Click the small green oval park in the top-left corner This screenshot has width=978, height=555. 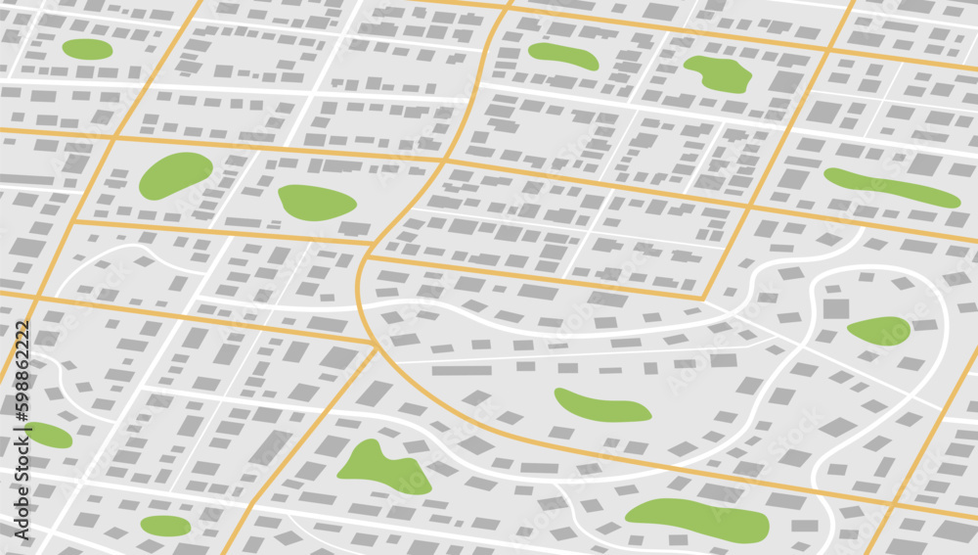pyautogui.click(x=87, y=49)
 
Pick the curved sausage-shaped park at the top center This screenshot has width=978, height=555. pyautogui.click(x=563, y=56)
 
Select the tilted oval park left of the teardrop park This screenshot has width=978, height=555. pyautogui.click(x=175, y=175)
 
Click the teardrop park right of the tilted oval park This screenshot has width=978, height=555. pyautogui.click(x=316, y=203)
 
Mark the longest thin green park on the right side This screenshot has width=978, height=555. pyautogui.click(x=891, y=187)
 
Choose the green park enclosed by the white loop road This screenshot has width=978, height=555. pyautogui.click(x=879, y=331)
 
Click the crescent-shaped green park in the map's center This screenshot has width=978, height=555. pyautogui.click(x=600, y=406)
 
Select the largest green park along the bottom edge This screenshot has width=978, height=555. pyautogui.click(x=696, y=519)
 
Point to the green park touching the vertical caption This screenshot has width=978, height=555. pyautogui.click(x=47, y=435)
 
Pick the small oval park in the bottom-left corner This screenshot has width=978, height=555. pyautogui.click(x=165, y=526)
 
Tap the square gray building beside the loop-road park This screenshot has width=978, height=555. pyautogui.click(x=835, y=309)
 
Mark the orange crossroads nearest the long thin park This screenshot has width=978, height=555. pyautogui.click(x=748, y=207)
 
